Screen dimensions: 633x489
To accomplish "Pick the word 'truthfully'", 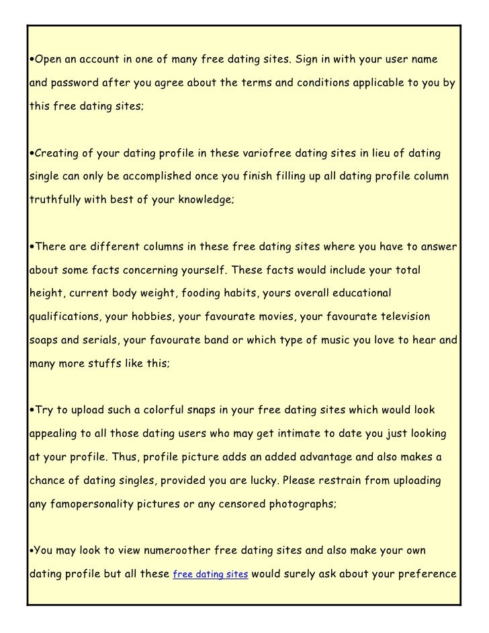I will (x=54, y=199).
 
